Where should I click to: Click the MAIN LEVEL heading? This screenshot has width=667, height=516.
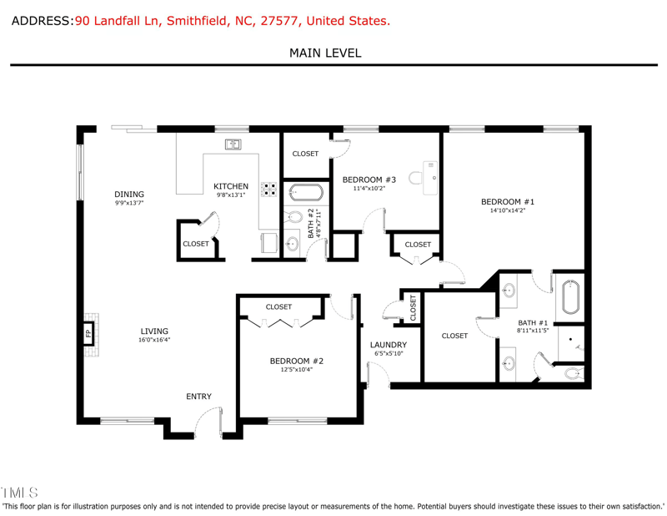coord(325,53)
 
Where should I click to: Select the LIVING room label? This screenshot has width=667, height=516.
coord(154,331)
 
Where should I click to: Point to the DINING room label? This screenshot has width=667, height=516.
coord(129,195)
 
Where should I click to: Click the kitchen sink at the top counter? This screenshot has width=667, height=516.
coord(233,144)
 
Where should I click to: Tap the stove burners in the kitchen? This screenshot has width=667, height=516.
coord(269,190)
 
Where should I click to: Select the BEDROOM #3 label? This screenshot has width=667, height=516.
coord(369,180)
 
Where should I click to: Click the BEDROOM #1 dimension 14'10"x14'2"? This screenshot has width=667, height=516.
coord(507,211)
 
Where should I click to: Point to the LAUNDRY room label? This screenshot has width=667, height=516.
coord(389,345)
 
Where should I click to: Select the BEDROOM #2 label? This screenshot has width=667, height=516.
coord(296,361)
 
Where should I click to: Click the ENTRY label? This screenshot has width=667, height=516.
coord(198,397)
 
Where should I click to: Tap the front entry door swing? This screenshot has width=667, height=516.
coord(208,422)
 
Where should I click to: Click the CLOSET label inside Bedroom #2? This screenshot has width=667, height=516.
coord(278,307)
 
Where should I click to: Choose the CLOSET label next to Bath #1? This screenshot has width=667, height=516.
coord(454,336)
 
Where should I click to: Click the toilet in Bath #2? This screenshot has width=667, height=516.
coord(293,218)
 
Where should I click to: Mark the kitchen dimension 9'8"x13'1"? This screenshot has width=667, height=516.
coord(231,195)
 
